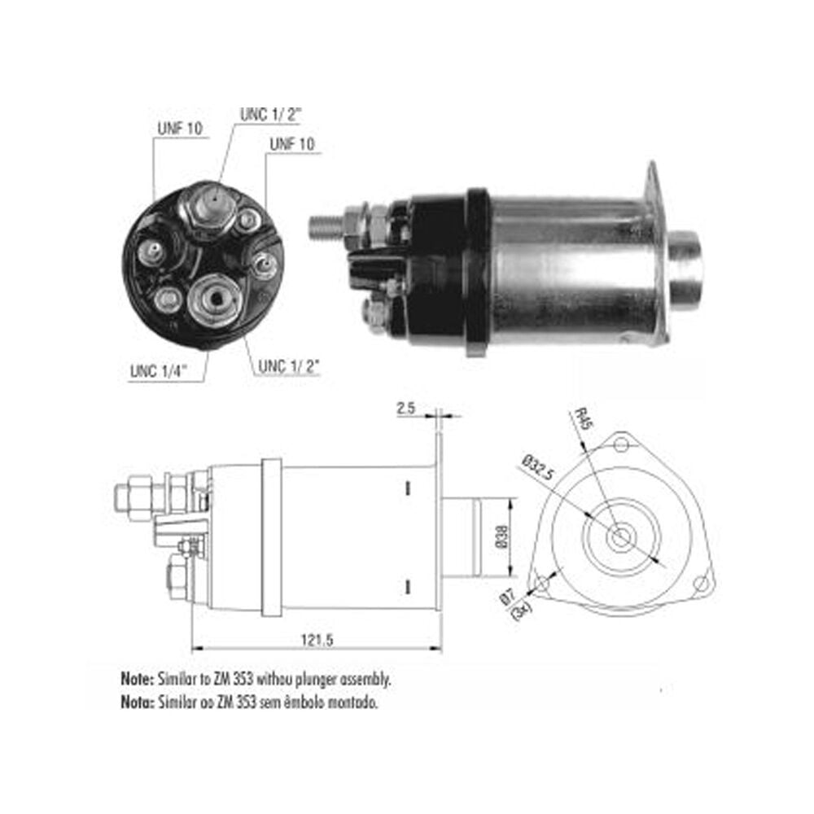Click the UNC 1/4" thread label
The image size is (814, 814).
click(x=159, y=370)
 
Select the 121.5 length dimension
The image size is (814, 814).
click(x=317, y=640)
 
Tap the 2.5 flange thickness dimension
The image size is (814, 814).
click(x=406, y=408)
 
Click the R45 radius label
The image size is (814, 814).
click(x=583, y=419)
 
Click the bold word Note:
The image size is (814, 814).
click(x=137, y=679)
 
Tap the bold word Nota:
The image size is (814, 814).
click(x=137, y=702)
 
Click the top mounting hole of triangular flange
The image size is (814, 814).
click(x=621, y=445)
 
